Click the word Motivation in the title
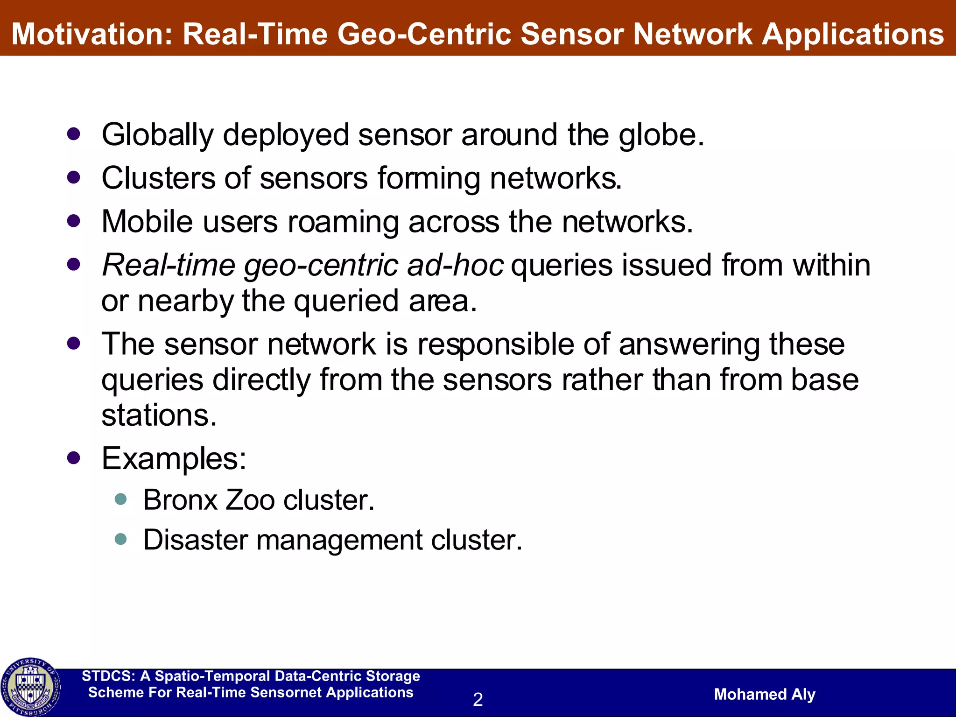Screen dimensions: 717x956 91,35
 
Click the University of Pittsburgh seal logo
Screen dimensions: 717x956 31,687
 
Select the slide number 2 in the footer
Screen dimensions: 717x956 478,699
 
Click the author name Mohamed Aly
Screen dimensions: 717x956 764,694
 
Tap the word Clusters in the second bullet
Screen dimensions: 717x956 158,178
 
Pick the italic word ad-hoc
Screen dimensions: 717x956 455,265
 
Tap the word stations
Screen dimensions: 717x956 159,415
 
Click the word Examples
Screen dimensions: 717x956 173,458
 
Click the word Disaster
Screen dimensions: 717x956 195,540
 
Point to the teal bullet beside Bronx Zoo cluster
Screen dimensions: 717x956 121,499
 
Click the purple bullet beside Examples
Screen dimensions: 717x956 74,457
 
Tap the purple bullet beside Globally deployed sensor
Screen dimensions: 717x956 74,134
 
